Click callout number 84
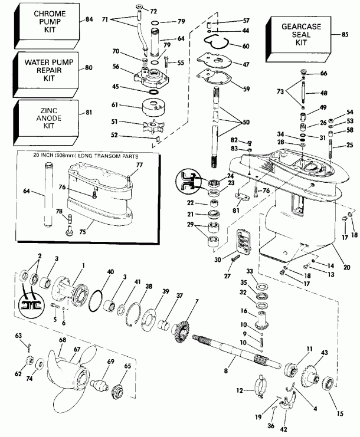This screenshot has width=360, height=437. (x=89, y=19)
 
